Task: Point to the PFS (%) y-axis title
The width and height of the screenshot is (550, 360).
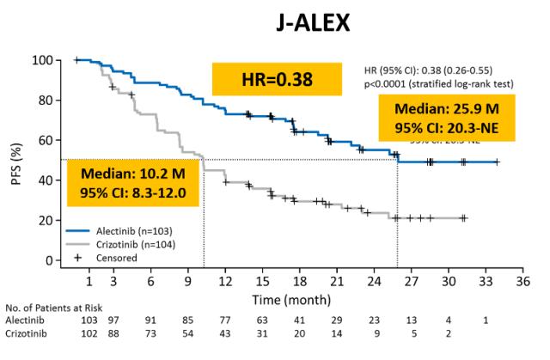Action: click(x=19, y=161)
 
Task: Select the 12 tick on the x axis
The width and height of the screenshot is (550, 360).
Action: click(x=226, y=281)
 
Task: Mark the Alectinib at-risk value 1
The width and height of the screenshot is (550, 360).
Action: click(x=486, y=320)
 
